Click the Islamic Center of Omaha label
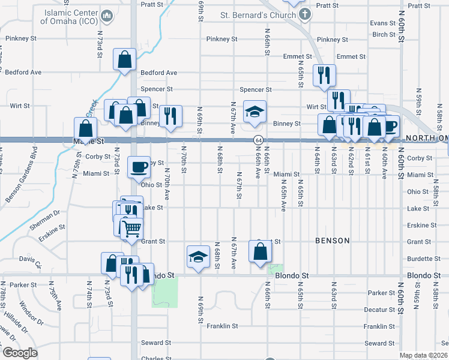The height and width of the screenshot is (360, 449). (69, 16)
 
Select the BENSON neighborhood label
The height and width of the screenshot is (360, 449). (332, 241)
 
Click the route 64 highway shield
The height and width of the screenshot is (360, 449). (258, 140)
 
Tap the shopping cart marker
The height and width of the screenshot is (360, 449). (131, 228)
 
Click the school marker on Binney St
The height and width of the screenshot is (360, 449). (255, 111)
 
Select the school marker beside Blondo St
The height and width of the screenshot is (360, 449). (197, 257)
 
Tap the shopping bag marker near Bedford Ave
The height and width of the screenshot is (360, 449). (125, 59)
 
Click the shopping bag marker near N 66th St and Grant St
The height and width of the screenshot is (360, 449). (259, 250)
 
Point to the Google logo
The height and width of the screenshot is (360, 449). (19, 353)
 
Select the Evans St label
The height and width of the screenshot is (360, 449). (380, 23)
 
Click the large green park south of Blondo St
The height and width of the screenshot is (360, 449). (165, 292)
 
